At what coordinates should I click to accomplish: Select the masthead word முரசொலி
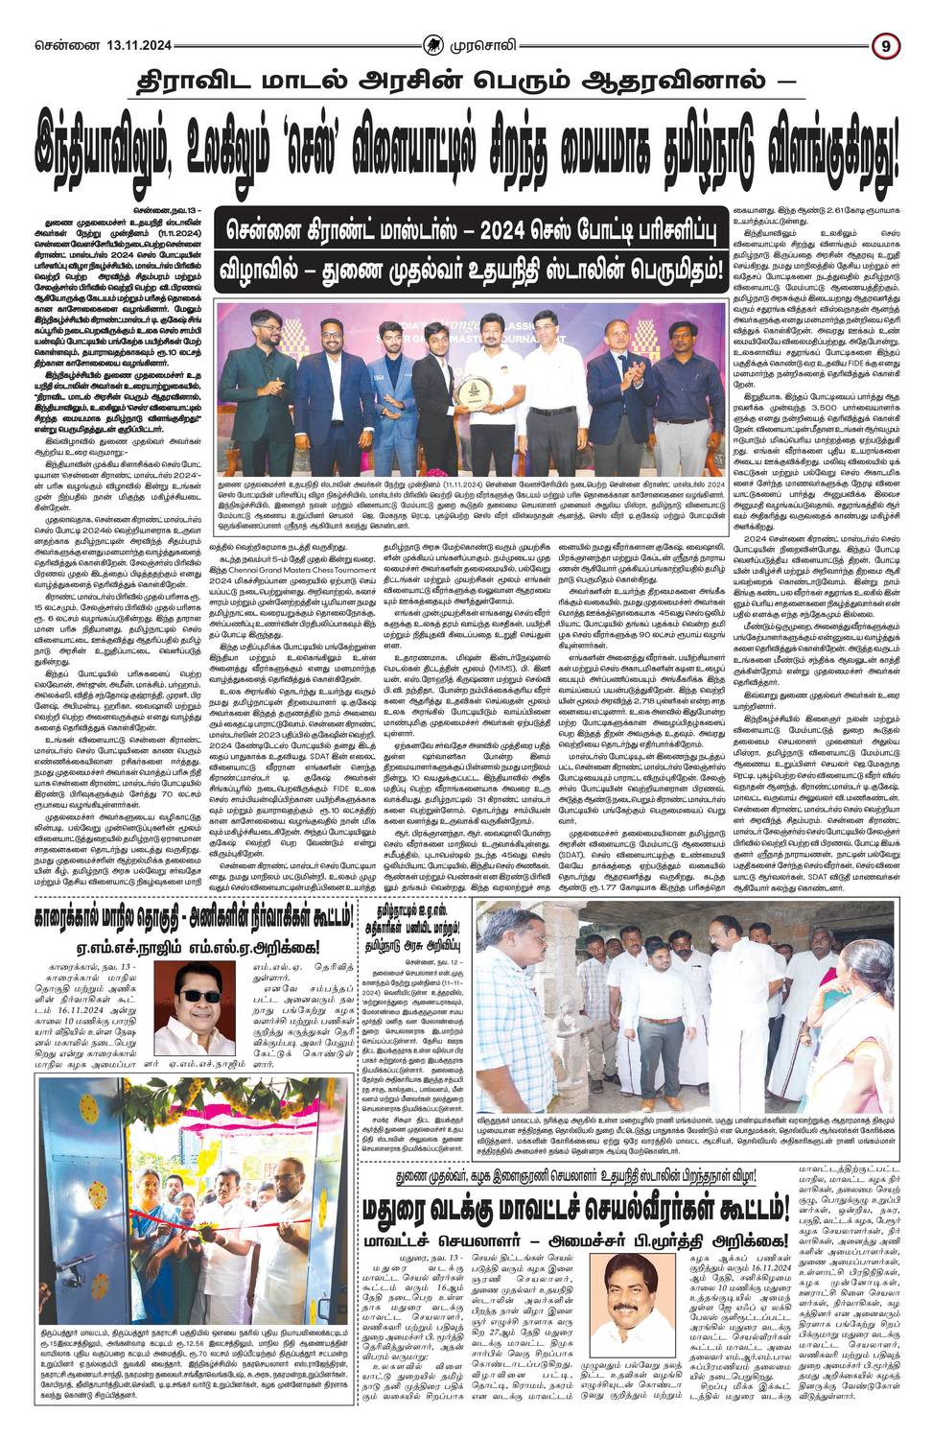point(489,44)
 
